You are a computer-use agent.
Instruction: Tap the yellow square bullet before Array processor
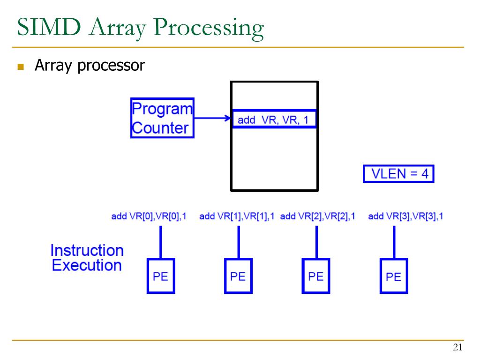20,67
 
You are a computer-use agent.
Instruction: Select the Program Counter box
162,118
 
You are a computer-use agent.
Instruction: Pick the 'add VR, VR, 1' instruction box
274,120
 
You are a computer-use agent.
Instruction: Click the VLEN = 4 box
399,174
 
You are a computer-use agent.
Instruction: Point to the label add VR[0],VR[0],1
149,216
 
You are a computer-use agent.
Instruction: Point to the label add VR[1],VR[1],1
237,216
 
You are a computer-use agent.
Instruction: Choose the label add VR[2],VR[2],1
317,216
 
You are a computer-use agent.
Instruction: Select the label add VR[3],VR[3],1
405,216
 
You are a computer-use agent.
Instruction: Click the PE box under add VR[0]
161,276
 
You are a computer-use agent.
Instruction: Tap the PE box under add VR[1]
238,276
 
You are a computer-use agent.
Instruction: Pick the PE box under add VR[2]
316,276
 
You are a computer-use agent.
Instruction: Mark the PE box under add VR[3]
394,276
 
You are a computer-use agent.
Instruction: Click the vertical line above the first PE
161,241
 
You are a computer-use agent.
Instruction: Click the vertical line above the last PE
394,241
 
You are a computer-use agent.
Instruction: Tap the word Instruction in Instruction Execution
87,250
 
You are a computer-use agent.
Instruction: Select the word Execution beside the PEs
87,265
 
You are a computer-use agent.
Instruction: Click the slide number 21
457,347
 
